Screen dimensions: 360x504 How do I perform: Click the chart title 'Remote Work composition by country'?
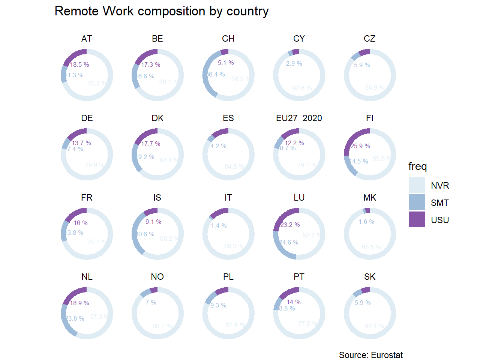click(161, 11)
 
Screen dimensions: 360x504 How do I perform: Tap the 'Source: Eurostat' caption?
click(370, 355)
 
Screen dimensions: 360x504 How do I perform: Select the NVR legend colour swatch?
click(417, 185)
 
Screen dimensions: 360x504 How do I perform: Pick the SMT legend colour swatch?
click(417, 202)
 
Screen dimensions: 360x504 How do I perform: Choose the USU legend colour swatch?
click(417, 219)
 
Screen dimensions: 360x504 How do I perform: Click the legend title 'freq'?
click(417, 166)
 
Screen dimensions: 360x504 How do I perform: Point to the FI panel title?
click(369, 118)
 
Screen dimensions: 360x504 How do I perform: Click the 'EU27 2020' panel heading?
click(299, 118)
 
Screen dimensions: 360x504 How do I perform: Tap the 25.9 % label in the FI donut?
click(360, 146)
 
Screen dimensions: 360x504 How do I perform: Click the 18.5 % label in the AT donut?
click(79, 64)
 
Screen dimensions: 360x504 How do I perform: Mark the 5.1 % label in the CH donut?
click(226, 63)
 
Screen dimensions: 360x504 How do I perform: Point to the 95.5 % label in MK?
click(371, 247)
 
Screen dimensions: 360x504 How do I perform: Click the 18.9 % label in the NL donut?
click(79, 303)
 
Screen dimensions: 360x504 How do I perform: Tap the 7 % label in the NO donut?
click(151, 302)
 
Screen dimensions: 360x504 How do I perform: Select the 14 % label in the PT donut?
click(294, 302)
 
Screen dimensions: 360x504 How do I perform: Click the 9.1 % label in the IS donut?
click(153, 222)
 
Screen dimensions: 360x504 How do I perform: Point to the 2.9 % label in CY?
click(294, 63)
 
